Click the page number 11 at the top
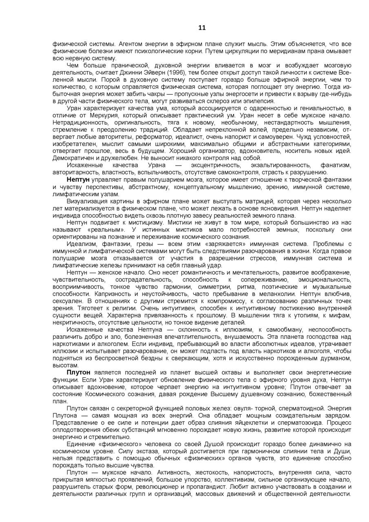point(202,28)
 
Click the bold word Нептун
point(79,180)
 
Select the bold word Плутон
point(79,373)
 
